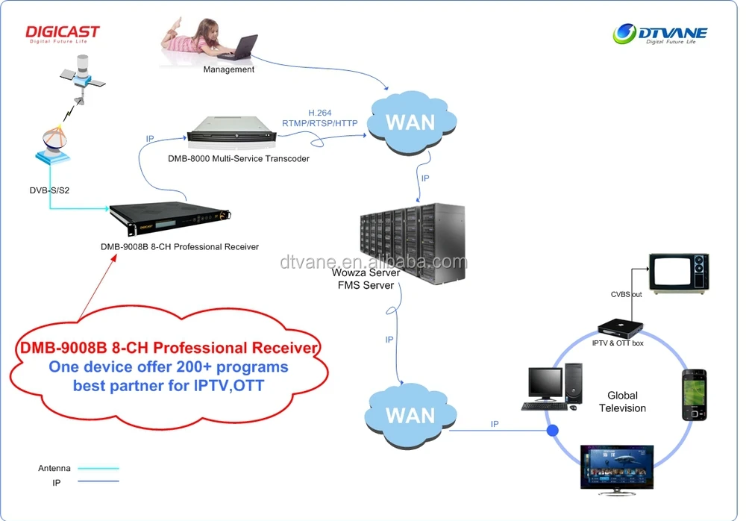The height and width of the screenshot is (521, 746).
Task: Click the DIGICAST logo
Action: (x=63, y=34)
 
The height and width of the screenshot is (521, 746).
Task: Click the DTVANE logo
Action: (x=659, y=34)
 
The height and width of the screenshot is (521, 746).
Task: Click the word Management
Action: (x=229, y=69)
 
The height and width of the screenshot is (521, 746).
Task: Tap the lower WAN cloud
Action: (x=410, y=414)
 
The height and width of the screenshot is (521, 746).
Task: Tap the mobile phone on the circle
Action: (x=693, y=394)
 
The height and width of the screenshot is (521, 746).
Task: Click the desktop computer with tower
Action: (x=552, y=387)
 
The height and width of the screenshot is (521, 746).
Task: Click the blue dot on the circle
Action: (x=553, y=431)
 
